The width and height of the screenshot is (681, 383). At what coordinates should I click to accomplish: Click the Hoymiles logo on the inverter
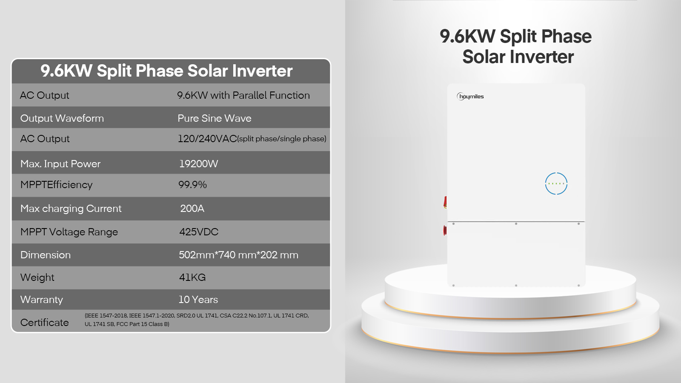[470, 96]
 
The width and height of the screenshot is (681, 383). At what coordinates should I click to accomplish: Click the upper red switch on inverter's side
[445, 202]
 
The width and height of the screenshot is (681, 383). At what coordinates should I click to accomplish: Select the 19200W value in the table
[198, 164]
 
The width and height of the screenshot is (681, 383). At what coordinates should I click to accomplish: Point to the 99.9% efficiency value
[192, 185]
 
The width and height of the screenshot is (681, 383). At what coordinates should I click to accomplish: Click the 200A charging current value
[192, 209]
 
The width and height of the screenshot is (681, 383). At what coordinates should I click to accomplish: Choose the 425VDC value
[199, 232]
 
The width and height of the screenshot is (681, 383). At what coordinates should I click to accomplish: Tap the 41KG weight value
[192, 277]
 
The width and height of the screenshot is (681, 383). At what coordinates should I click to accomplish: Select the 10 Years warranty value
[198, 300]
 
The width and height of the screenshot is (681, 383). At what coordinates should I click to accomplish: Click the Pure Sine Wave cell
[215, 118]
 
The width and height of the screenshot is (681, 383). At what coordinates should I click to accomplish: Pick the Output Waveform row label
[62, 118]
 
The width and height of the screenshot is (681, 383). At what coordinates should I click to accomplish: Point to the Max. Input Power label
[60, 164]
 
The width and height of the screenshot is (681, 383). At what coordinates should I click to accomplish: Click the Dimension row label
[45, 255]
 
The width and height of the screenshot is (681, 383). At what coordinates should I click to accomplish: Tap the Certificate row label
[44, 323]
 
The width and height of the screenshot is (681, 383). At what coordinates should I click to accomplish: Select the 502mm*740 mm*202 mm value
[238, 255]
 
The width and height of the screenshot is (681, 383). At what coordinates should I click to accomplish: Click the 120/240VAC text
[207, 139]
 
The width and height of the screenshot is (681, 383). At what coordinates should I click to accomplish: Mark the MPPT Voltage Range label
[69, 232]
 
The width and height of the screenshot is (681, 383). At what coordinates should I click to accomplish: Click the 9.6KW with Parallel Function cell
[243, 95]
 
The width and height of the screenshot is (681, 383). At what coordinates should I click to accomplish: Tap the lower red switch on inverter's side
[445, 230]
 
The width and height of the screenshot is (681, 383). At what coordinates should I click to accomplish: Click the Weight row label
[37, 277]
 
